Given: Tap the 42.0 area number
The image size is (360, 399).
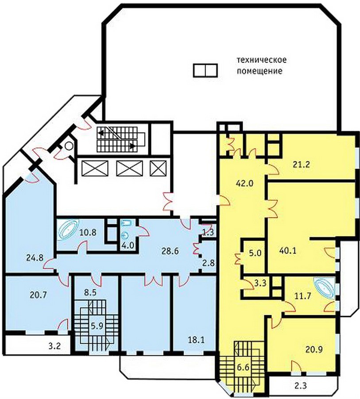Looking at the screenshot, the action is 244,183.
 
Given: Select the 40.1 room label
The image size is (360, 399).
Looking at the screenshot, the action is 288,251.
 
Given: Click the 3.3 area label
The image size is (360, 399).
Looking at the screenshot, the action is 260,283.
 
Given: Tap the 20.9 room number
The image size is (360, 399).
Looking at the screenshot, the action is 314,350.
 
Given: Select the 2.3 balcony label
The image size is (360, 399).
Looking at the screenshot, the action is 301,386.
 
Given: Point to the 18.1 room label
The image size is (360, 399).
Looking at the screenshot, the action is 196,340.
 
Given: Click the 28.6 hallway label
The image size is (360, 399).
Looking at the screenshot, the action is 170,251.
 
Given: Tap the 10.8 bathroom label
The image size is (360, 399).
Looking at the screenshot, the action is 88,232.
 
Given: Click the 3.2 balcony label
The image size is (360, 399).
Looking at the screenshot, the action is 54,346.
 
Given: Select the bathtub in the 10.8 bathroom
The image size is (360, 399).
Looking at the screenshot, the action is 68,230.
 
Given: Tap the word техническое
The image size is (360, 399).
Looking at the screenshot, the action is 262,60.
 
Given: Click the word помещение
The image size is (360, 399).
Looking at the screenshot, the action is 259,71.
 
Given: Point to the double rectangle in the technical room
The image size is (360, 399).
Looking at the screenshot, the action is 205,70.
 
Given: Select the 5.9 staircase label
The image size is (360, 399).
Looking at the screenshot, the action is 97,326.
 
